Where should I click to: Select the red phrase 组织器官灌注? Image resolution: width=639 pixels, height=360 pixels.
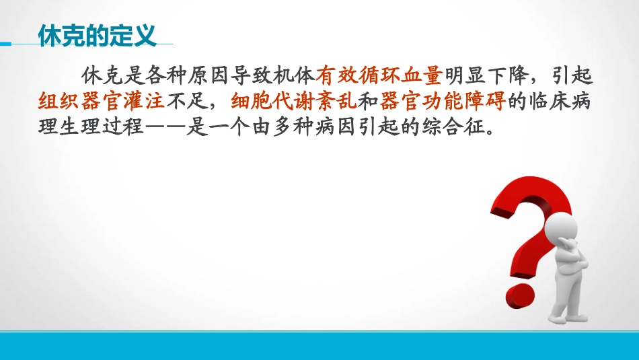(102, 100)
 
